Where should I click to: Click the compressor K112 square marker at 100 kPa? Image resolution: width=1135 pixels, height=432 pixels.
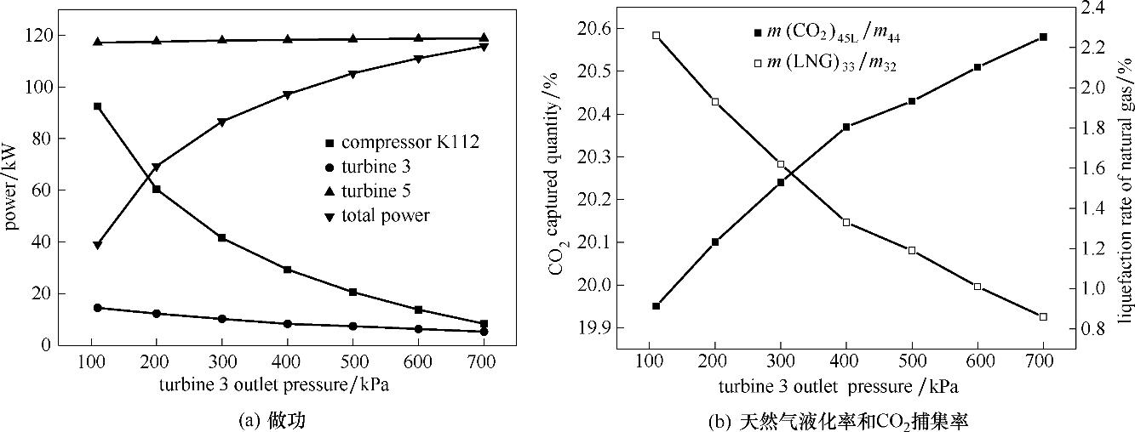[98, 106]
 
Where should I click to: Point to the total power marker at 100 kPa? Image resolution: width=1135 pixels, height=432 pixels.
[98, 246]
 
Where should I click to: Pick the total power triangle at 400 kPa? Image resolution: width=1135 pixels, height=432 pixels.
[288, 95]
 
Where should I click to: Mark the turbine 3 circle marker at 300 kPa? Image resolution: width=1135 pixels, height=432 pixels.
[222, 319]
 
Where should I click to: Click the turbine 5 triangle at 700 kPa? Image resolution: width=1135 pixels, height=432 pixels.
[484, 37]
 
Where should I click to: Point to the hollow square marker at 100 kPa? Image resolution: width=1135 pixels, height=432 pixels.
[656, 35]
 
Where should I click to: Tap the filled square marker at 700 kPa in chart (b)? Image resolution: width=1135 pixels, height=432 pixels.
[1043, 37]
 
